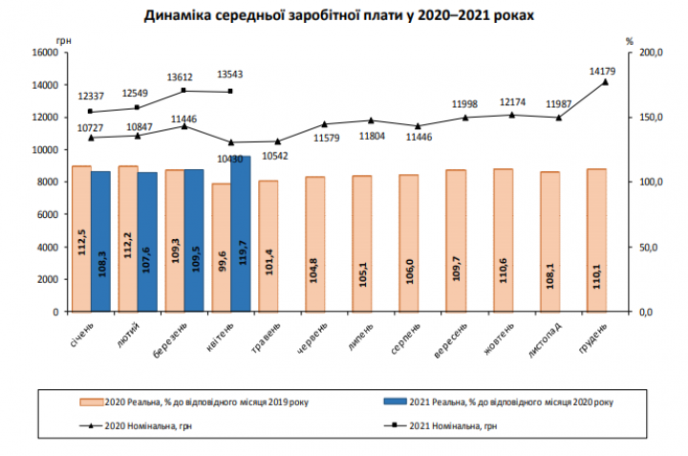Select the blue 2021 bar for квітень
click(x=240, y=233)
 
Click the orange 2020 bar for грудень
click(x=596, y=240)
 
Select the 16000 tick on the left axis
click(x=45, y=53)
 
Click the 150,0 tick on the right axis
click(x=650, y=118)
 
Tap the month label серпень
click(x=406, y=339)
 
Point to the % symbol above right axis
click(x=630, y=41)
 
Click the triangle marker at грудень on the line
click(x=605, y=82)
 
